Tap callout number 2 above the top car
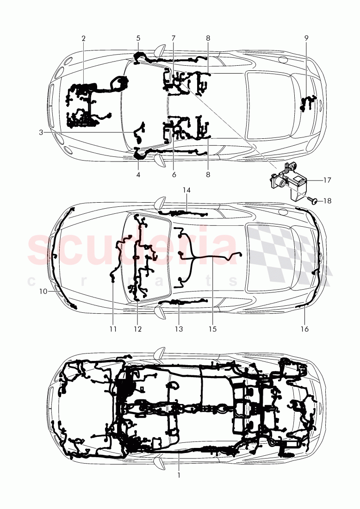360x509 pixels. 83,38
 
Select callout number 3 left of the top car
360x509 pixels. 41,132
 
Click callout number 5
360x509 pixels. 138,38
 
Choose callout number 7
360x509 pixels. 174,38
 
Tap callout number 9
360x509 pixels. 306,38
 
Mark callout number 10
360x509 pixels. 43,292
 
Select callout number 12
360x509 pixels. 137,329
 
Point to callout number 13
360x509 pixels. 179,329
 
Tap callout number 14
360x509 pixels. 186,190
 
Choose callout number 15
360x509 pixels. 212,329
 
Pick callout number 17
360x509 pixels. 327,180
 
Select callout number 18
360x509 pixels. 327,201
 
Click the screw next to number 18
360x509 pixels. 312,200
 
